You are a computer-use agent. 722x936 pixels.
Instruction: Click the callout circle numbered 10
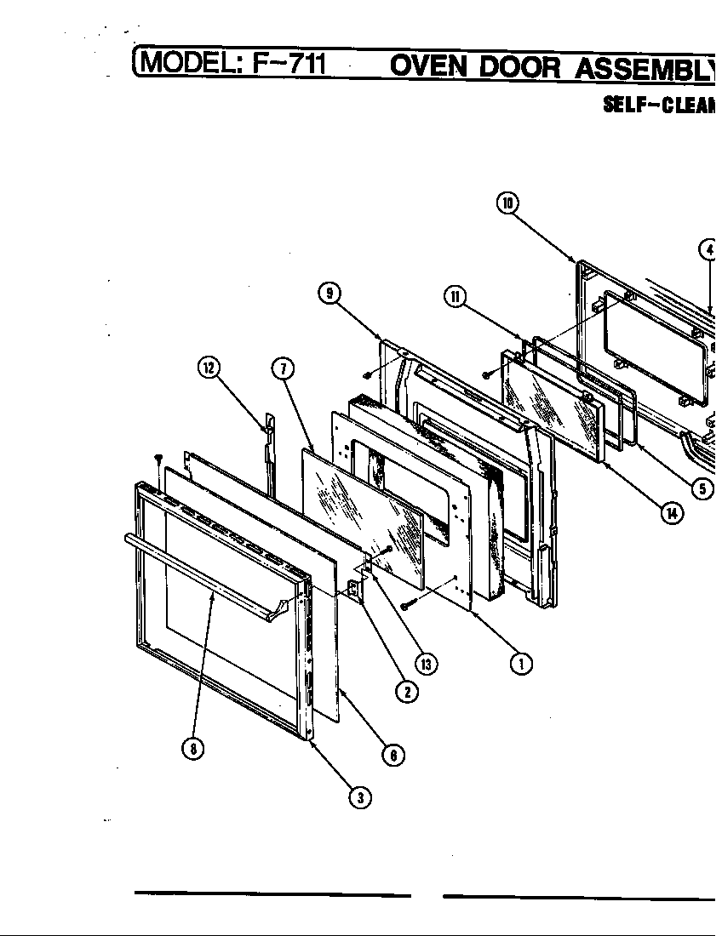click(x=508, y=203)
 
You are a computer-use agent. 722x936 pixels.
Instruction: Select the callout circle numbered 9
click(x=329, y=294)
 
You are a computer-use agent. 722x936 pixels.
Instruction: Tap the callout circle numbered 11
click(x=455, y=296)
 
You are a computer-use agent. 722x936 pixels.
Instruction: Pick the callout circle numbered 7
click(x=283, y=368)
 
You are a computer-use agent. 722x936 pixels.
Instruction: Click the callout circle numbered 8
click(x=194, y=749)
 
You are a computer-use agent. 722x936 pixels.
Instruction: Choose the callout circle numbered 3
click(x=360, y=797)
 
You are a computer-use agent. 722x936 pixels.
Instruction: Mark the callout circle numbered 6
click(x=393, y=754)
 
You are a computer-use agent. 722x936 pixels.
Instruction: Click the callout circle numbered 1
click(x=521, y=663)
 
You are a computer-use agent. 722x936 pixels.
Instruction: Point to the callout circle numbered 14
click(x=673, y=514)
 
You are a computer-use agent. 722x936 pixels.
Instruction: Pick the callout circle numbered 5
click(x=703, y=489)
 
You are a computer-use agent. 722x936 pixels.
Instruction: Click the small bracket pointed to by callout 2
click(x=352, y=588)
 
